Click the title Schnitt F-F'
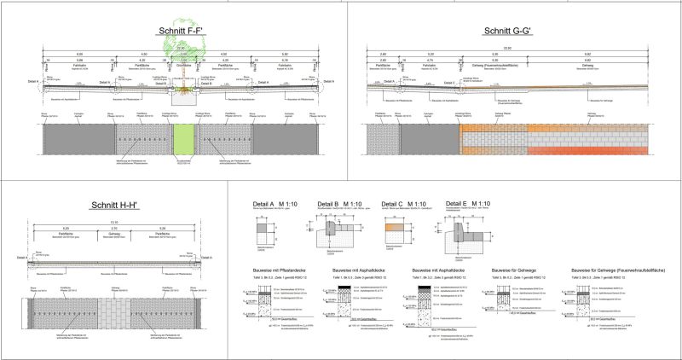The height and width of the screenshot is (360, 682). [x=181, y=33]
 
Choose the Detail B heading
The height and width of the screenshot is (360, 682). [x=344, y=206]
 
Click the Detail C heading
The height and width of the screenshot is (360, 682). [x=404, y=206]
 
